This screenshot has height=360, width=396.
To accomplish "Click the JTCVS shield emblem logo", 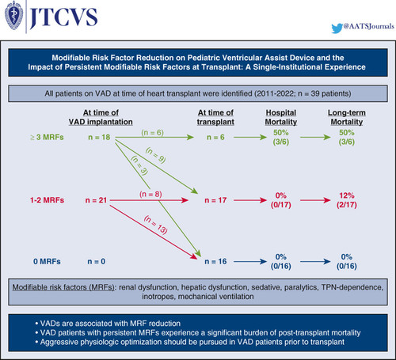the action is coord(14,15).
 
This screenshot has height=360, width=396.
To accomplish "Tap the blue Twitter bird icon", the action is coord(337,28).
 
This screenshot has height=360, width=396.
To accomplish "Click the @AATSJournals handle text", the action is coord(369,26).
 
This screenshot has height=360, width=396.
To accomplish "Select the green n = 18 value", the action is coord(99,137).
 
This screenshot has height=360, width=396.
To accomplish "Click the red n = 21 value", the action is coord(96,200).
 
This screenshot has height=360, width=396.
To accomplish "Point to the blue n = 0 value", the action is coord(97,261).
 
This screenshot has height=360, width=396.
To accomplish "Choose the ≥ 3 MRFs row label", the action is coord(47,137).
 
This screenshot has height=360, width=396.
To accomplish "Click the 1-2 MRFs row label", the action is coord(47,200).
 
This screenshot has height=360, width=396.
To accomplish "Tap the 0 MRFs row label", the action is coord(47,261).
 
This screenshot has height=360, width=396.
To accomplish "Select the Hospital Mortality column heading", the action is coord(281,117).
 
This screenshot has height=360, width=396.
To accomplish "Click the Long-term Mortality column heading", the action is coord(347,117).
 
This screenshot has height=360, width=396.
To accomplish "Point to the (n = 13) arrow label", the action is coord(156,225).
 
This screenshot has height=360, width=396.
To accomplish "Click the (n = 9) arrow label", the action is coord(156,155).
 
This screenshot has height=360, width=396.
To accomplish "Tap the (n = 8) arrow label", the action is coord(150,195).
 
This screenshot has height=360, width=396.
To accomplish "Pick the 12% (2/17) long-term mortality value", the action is coord(347,200).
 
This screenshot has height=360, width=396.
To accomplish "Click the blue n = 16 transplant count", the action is coord(215,261).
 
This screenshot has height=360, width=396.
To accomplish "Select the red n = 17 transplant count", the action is coord(215,200).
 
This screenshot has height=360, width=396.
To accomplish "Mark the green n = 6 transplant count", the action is coord(215,137).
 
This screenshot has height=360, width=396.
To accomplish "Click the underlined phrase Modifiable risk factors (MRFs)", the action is coord(63,287).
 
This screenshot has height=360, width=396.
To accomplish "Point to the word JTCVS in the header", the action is coord(63,17).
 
